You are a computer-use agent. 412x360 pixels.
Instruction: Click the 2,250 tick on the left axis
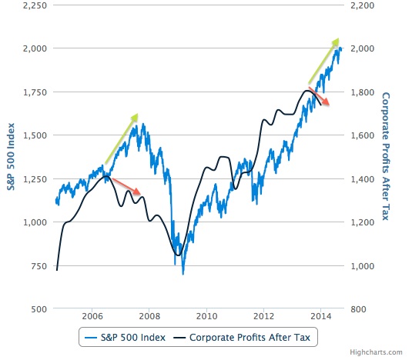[x=35, y=5]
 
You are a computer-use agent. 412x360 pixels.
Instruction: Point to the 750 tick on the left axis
[x=39, y=266]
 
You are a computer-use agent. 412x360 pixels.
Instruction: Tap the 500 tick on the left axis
[x=39, y=309]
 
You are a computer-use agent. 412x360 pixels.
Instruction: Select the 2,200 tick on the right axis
[x=363, y=5]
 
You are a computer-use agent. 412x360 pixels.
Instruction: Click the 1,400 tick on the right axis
[x=363, y=179]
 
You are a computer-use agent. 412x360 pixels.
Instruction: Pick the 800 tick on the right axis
[x=358, y=309]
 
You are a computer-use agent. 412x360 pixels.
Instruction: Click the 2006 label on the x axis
[x=92, y=316]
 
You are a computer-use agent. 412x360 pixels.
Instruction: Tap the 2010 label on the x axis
[x=206, y=316]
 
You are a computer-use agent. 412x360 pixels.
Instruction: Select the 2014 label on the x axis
[x=320, y=316]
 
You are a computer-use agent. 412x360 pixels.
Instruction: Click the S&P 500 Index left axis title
[x=11, y=157]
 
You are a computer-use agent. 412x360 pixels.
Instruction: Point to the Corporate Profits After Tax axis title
[x=386, y=156]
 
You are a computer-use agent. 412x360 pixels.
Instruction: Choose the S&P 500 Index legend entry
[x=125, y=338]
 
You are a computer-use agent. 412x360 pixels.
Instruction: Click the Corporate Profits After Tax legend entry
[x=242, y=338]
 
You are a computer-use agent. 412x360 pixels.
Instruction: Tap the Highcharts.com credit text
[x=376, y=352]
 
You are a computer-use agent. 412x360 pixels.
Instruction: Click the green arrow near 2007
[x=122, y=138]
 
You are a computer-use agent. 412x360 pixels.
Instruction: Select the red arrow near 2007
[x=126, y=186]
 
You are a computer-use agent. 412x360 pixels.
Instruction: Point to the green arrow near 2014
[x=323, y=61]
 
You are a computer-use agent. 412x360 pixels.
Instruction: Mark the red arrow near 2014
[x=319, y=96]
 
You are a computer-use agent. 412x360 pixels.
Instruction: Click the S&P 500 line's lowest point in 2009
[x=183, y=274]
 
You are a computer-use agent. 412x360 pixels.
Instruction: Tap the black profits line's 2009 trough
[x=178, y=255]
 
